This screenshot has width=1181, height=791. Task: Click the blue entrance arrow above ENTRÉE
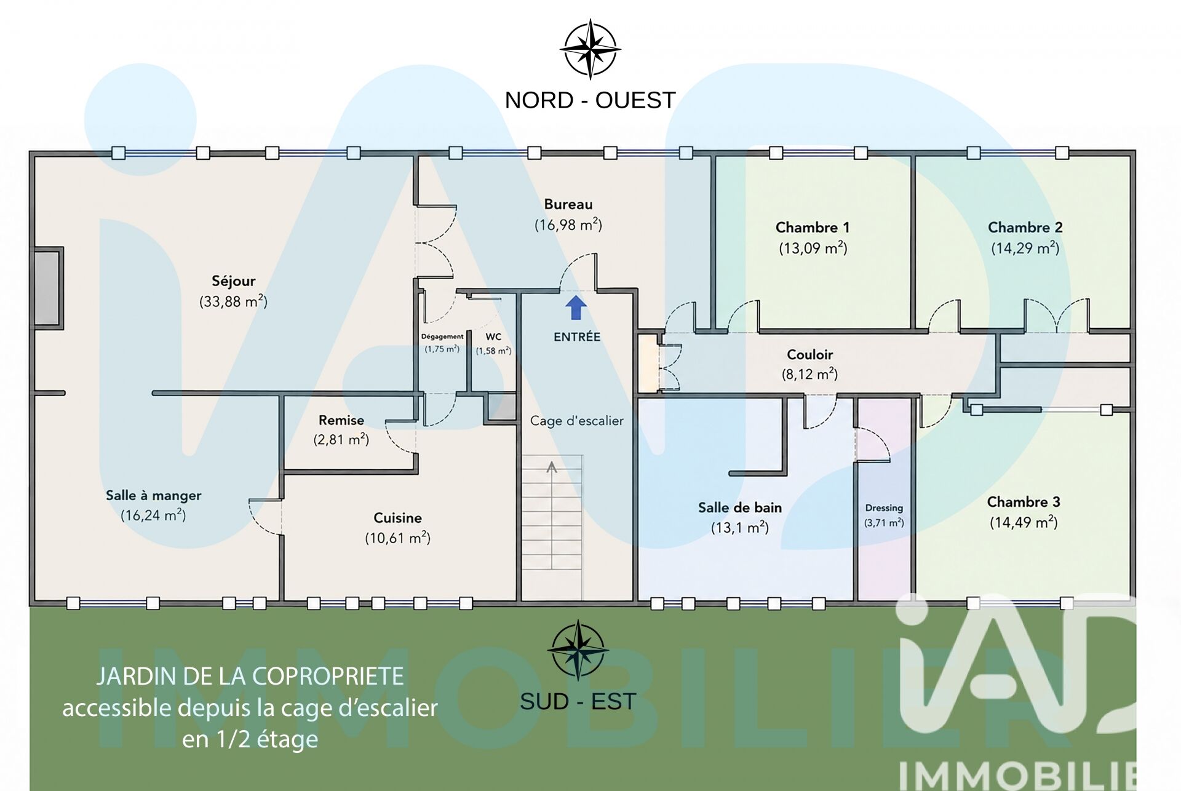576,308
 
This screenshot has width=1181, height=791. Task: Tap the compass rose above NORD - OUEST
590,49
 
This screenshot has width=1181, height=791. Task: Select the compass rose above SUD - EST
578,650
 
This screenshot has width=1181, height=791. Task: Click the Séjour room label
233,281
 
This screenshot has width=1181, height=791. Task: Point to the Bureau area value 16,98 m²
568,225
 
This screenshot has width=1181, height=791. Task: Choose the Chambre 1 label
813,228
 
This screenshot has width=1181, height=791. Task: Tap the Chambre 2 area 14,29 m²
1025,248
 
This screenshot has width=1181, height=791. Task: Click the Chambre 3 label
1024,502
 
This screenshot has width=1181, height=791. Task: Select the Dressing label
884,508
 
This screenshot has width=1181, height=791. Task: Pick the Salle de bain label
740,507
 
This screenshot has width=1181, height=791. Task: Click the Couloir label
809,354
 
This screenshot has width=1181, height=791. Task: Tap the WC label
493,337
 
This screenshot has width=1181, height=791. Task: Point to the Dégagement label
442,337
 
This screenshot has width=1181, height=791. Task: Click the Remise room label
341,420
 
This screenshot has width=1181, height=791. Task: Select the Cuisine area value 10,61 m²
397,538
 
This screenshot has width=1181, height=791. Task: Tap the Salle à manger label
153,496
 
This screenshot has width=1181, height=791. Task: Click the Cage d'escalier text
577,421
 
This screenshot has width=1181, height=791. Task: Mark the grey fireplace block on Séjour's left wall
48,288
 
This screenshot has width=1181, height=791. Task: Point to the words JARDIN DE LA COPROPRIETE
250,676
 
